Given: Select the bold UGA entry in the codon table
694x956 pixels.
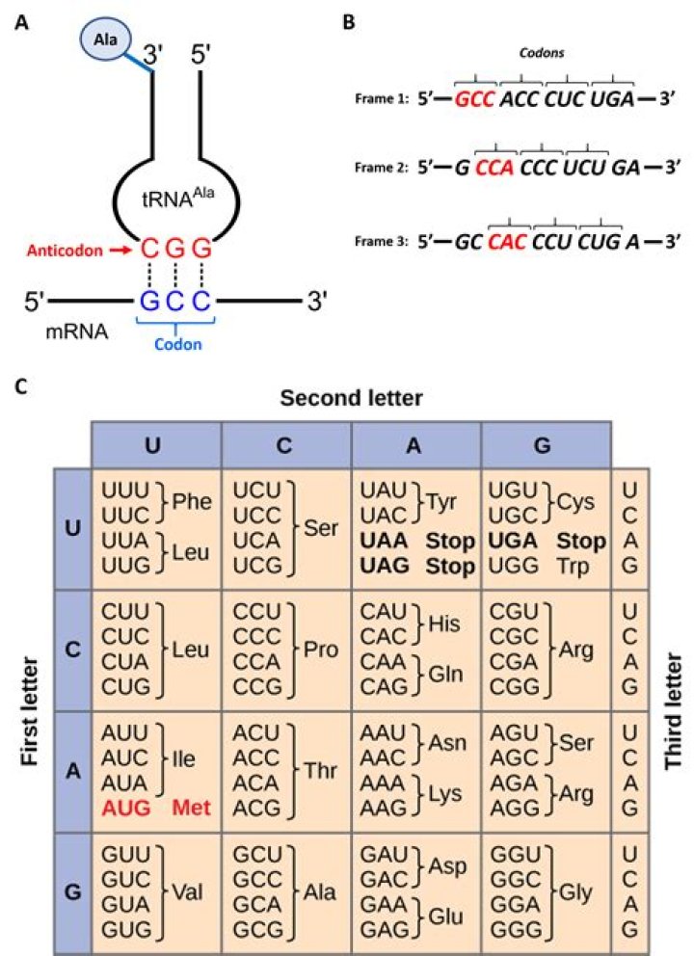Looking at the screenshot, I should coord(512,541).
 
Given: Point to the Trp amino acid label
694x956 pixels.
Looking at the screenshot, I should coord(570,565).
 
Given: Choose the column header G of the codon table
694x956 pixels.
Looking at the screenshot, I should coord(546,446).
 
